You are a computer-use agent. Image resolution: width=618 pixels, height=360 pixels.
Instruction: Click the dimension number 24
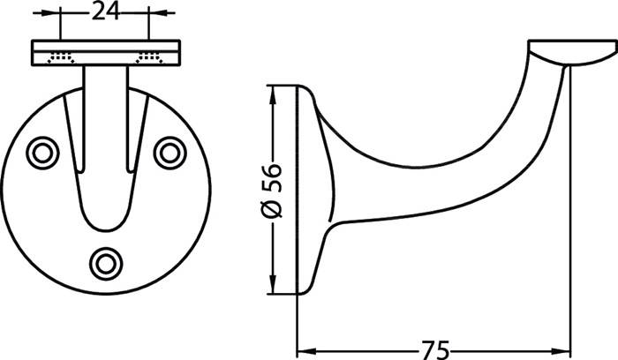105,11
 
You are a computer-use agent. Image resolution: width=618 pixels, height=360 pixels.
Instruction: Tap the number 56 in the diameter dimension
273,176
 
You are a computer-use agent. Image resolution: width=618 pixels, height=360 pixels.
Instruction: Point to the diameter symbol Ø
273,207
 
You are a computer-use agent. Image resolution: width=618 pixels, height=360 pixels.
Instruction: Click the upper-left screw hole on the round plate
41,152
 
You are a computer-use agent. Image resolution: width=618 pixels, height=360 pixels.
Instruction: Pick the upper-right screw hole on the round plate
168,152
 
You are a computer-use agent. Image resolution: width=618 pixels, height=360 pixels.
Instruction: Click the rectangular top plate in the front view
105,52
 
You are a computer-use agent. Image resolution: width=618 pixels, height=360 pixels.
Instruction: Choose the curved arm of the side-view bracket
441,176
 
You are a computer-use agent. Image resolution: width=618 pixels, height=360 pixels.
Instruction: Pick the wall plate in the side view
309,190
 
